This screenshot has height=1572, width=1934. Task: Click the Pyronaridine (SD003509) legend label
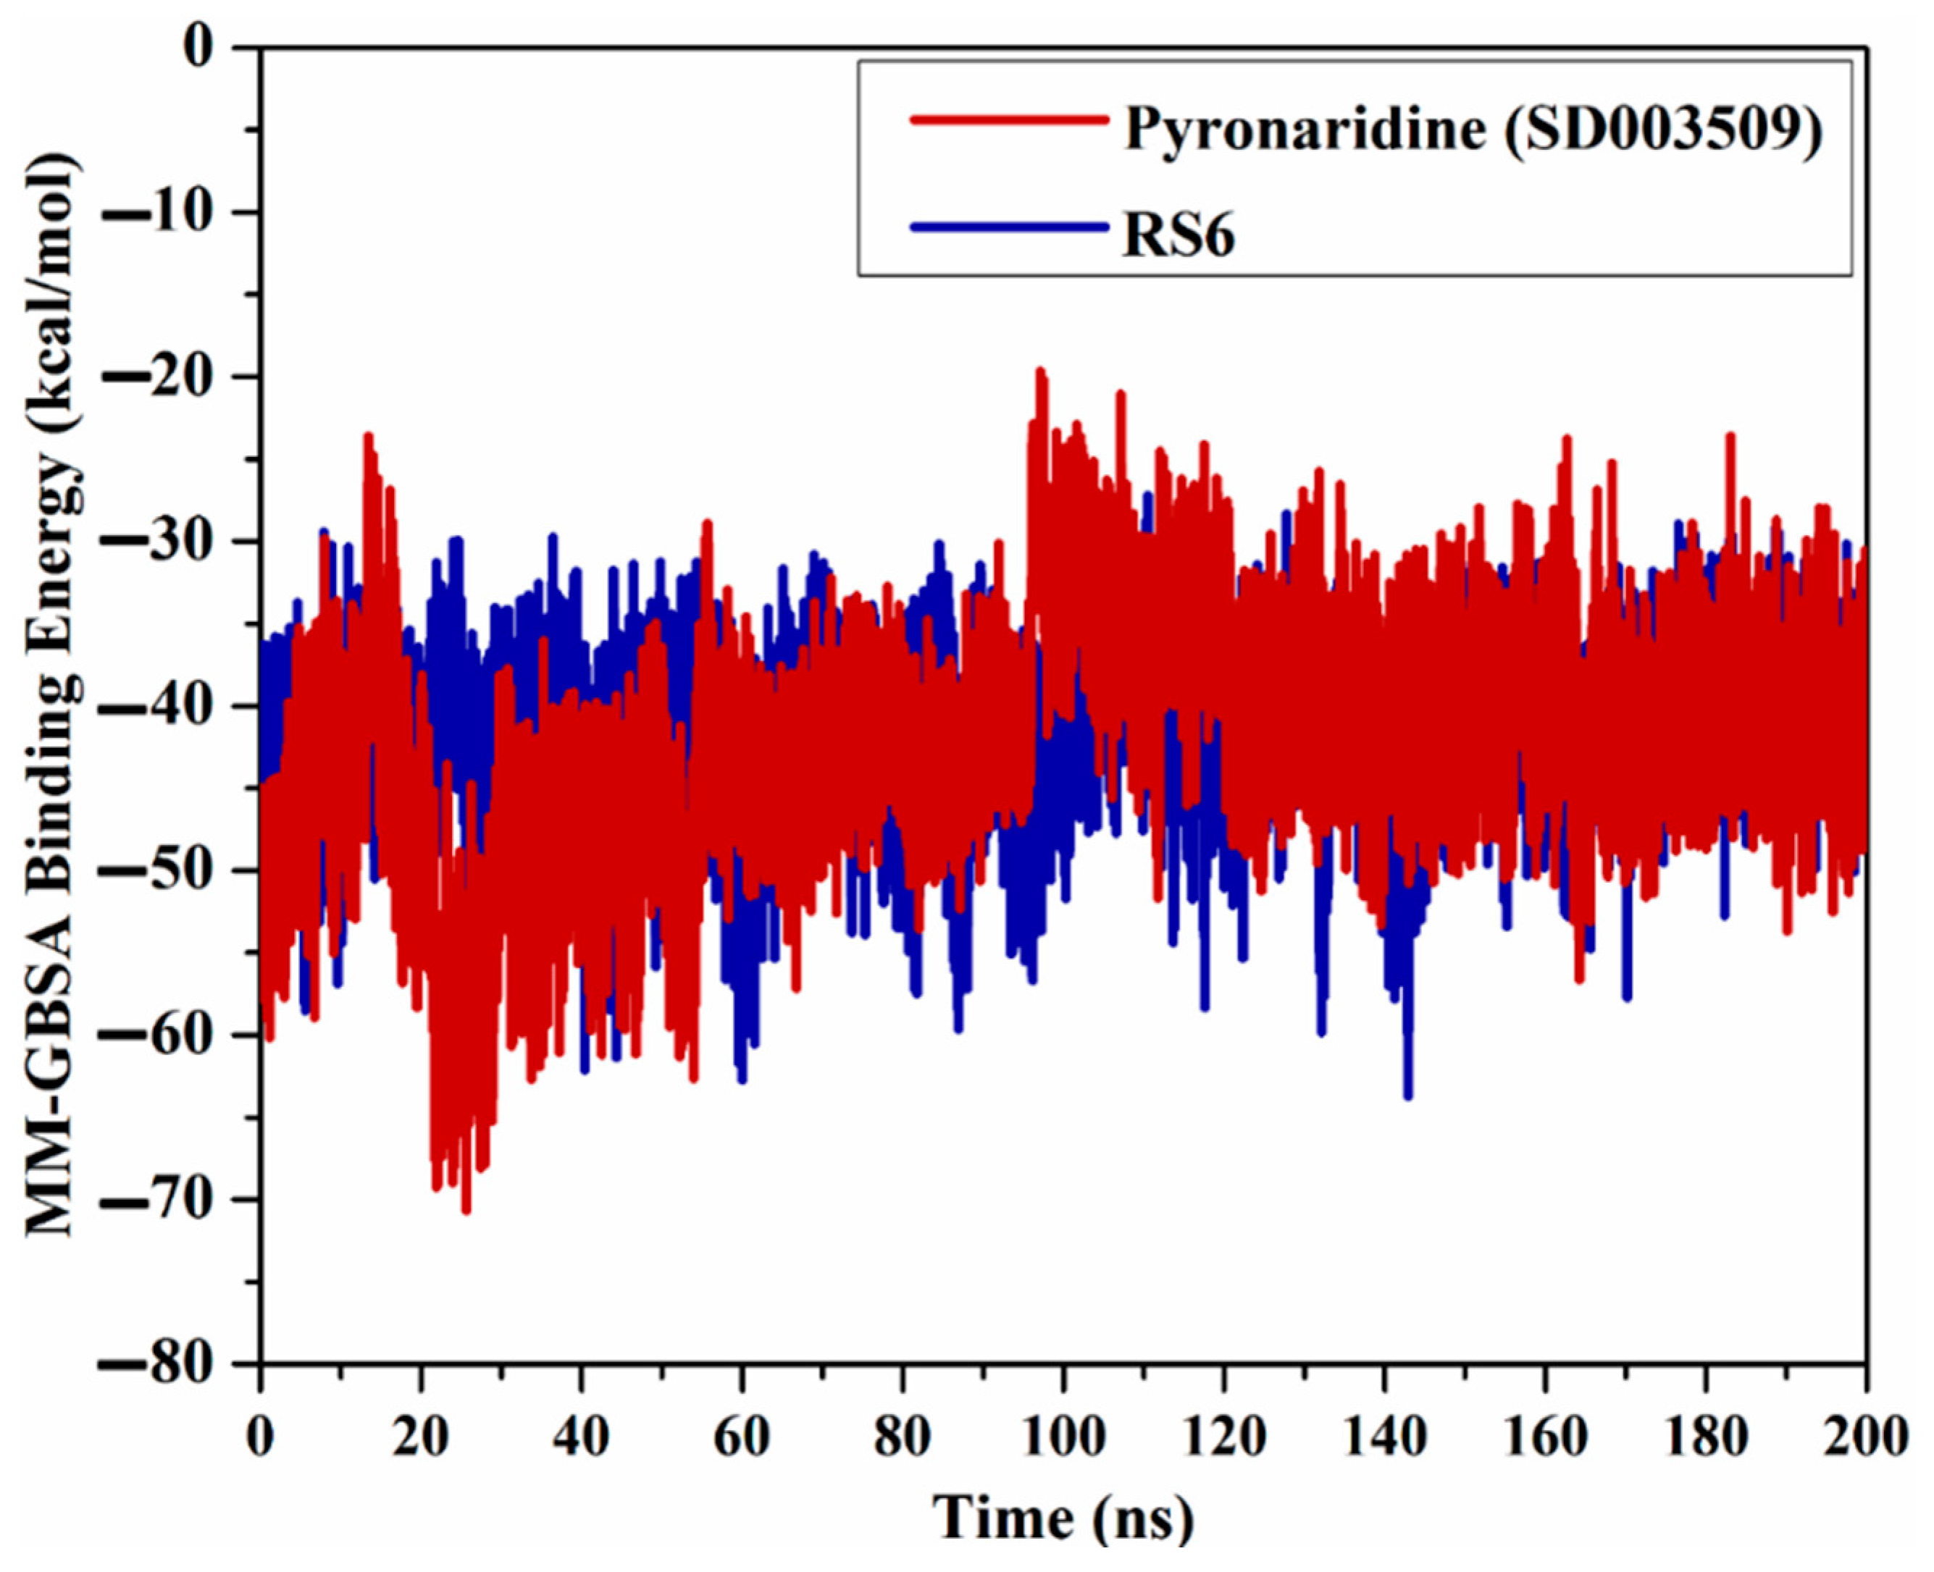[x=1472, y=130]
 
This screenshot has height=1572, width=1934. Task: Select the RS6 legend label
[x=1178, y=238]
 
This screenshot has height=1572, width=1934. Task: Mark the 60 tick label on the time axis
[x=742, y=1437]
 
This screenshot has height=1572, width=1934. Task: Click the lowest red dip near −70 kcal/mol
[x=466, y=1210]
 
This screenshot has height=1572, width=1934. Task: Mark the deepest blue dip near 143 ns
[x=1407, y=1096]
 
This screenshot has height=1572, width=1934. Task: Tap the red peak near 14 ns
[x=369, y=437]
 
